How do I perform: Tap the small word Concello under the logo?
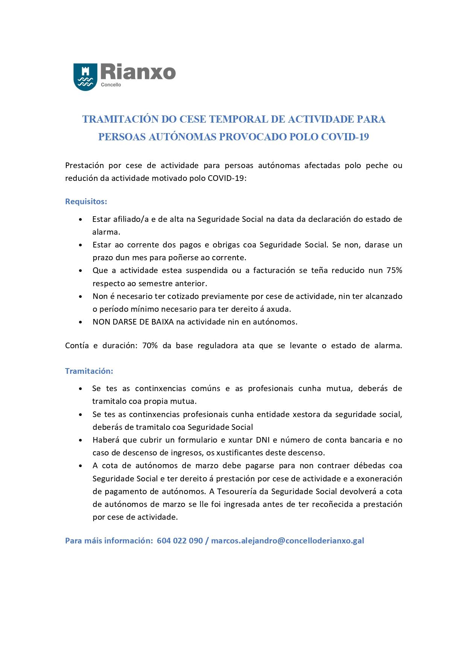click(x=111, y=85)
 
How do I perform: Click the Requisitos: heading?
click(x=86, y=202)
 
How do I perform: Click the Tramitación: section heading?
click(x=89, y=371)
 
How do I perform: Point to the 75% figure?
click(x=394, y=270)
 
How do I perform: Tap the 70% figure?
click(x=150, y=346)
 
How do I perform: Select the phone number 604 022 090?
click(x=180, y=541)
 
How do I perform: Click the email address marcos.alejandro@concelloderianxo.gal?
click(x=288, y=541)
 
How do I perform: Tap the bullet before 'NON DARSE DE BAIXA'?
click(x=81, y=322)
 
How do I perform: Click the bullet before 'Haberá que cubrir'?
click(x=81, y=440)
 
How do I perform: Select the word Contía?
click(x=77, y=346)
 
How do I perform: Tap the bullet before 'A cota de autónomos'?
click(x=81, y=466)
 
